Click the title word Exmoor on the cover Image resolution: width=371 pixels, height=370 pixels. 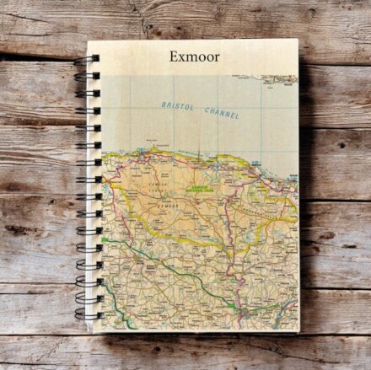pos(193,57)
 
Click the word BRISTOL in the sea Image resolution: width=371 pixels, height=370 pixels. pos(175,105)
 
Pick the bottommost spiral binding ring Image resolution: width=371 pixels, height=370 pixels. pos(84,314)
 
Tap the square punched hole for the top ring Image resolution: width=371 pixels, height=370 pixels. pos(95,59)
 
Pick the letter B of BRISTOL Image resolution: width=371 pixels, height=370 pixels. pos(163,104)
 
